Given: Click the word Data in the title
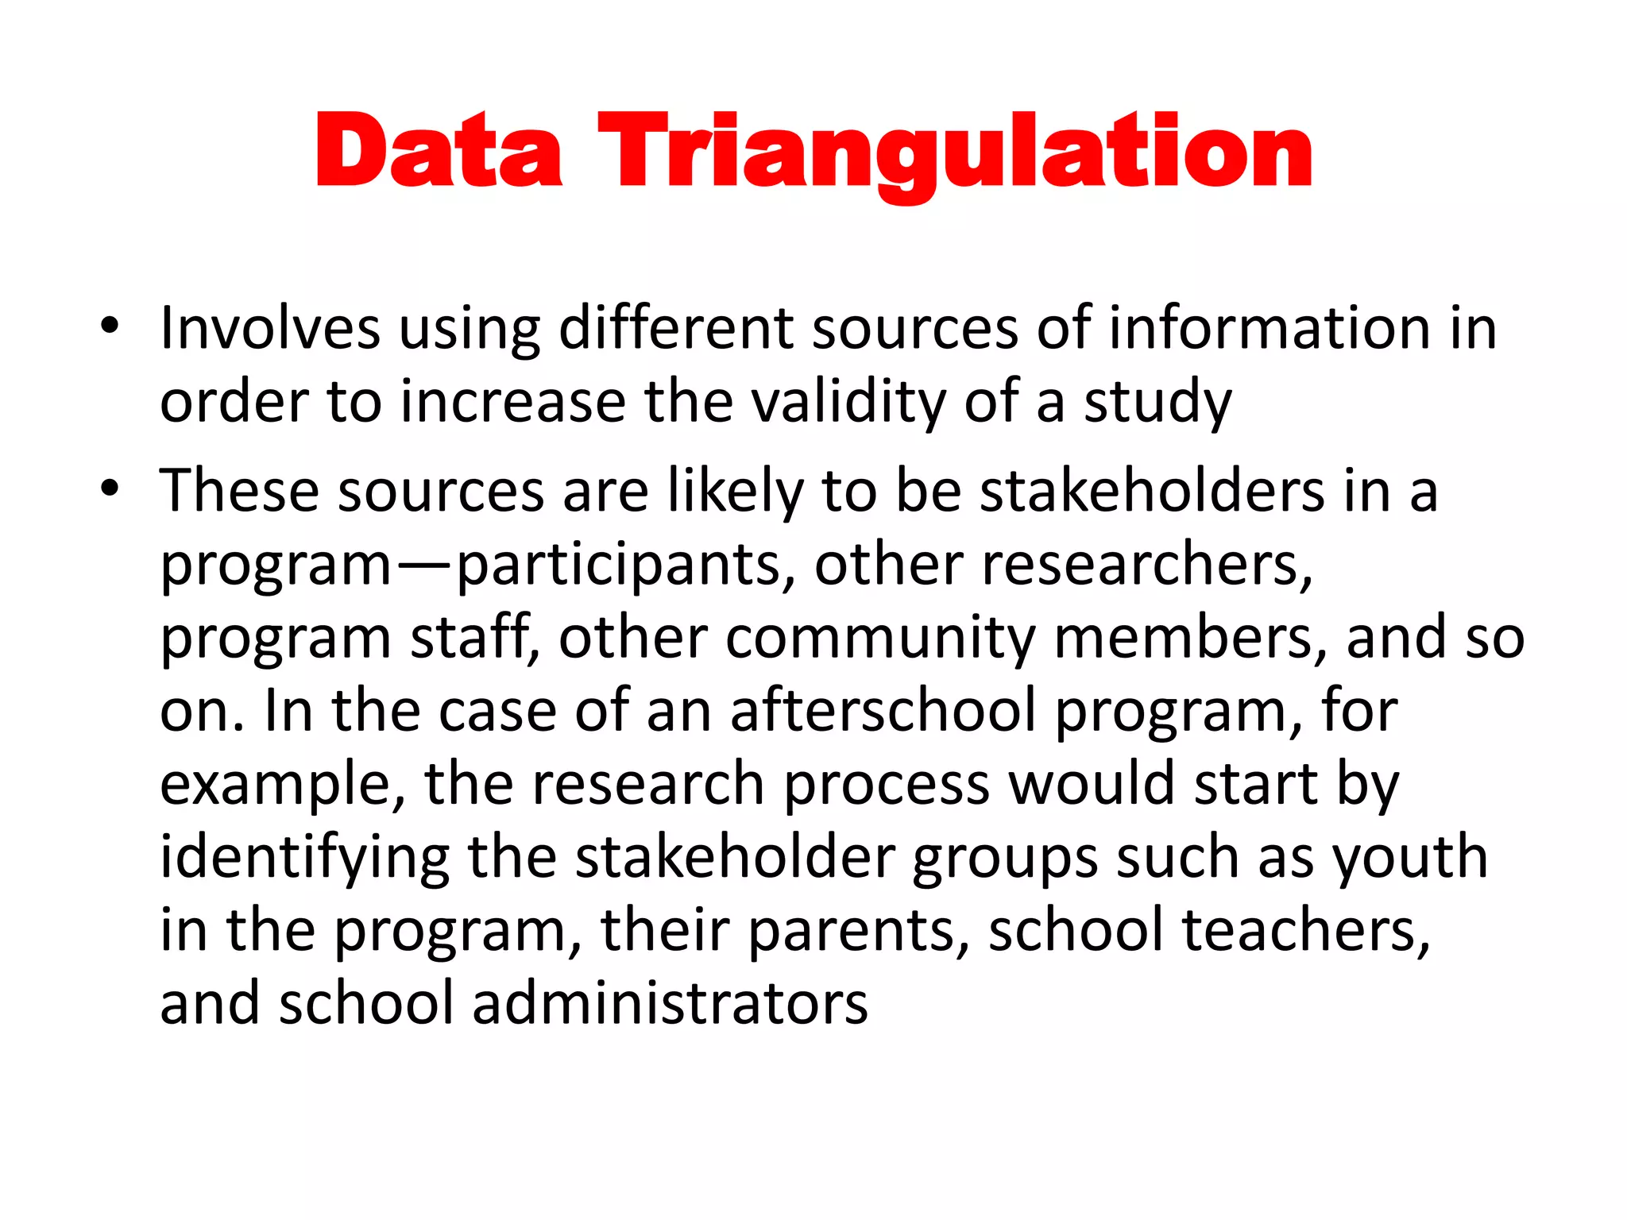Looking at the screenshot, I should click(439, 151).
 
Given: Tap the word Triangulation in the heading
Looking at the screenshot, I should click(955, 152).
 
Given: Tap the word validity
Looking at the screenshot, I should click(848, 401).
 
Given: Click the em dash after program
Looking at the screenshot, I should click(424, 566).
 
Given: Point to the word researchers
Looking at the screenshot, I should click(1146, 564).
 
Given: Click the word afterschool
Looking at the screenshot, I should click(883, 710).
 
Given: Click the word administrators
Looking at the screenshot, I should click(670, 1003).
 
